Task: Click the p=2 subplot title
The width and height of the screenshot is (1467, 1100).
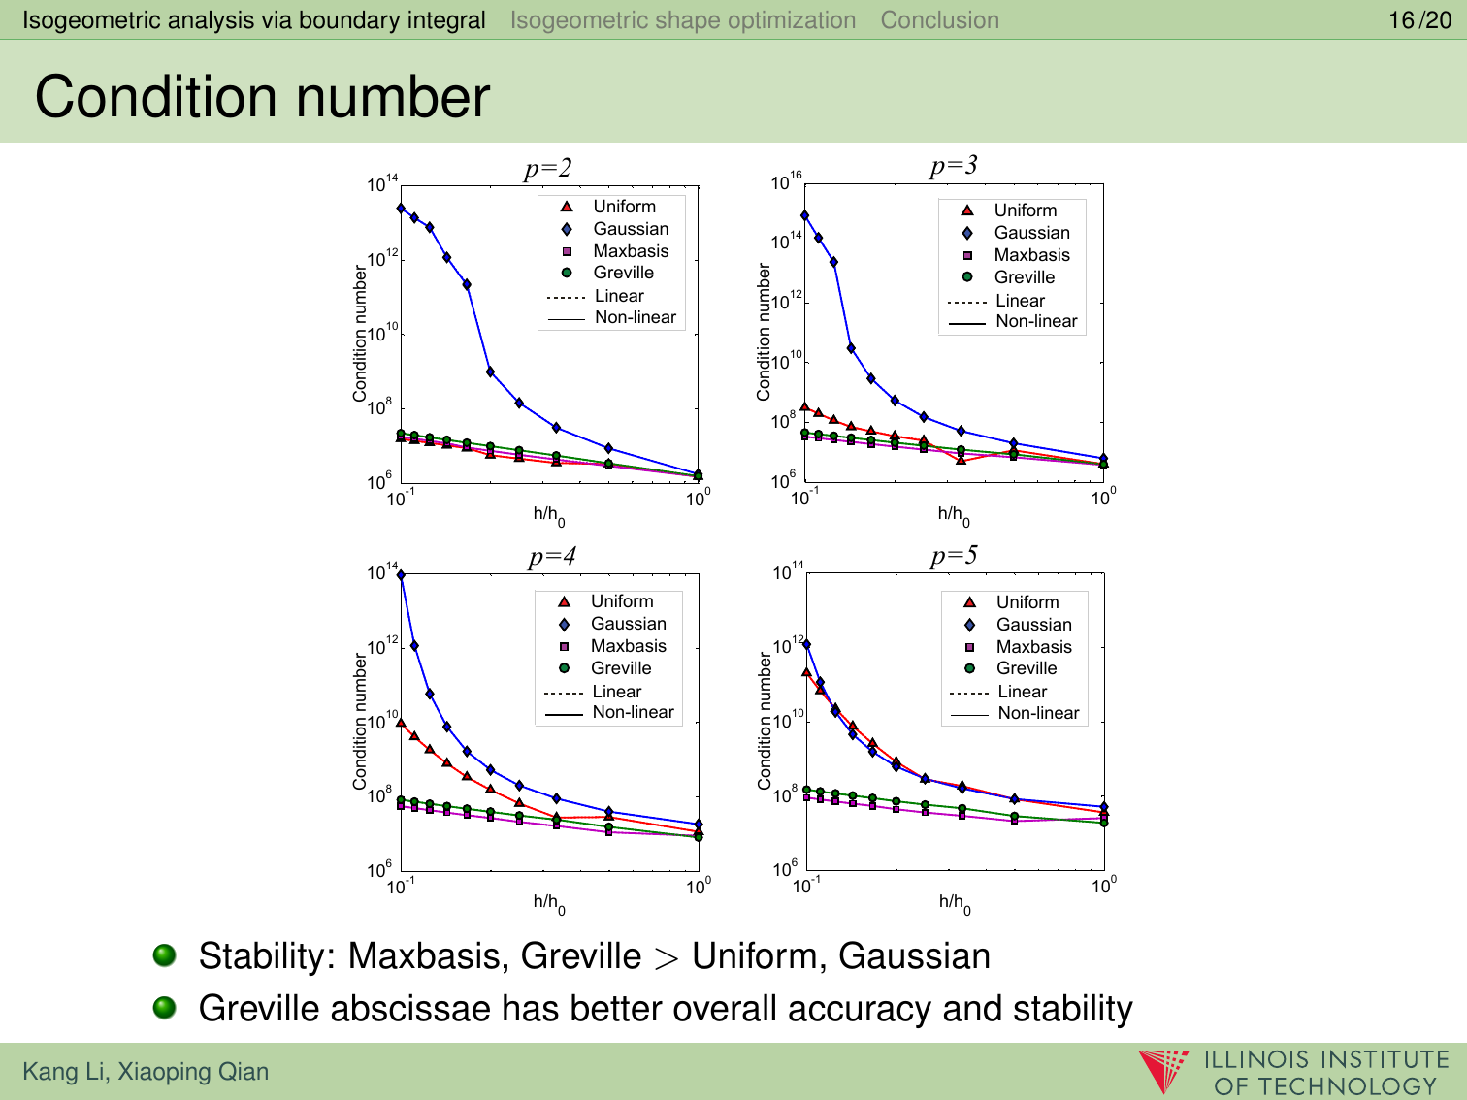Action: [x=548, y=169]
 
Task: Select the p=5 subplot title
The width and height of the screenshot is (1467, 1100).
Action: [x=954, y=556]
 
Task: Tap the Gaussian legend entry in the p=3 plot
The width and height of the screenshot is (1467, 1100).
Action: [x=1031, y=233]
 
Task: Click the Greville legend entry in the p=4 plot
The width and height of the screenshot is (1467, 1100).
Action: [x=621, y=668]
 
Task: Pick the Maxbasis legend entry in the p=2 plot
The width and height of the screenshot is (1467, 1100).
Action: [x=631, y=251]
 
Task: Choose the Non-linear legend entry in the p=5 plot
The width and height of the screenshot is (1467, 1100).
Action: [x=1038, y=713]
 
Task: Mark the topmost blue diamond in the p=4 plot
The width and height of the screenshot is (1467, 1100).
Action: [x=401, y=575]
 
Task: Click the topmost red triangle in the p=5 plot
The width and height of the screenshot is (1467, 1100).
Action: [x=806, y=671]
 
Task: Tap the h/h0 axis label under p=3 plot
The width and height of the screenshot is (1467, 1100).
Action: [x=953, y=515]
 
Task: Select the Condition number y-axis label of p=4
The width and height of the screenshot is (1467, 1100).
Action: [x=360, y=721]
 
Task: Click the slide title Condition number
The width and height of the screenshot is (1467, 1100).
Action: [x=262, y=97]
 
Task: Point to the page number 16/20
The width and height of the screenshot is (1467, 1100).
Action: [x=1419, y=19]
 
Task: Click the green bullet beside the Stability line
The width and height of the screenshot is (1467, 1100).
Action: [x=165, y=955]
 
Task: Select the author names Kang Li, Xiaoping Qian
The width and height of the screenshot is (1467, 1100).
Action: [x=146, y=1072]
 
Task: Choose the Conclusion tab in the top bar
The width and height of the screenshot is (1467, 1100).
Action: [x=939, y=19]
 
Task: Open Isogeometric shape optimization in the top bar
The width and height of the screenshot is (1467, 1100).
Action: [x=683, y=19]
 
